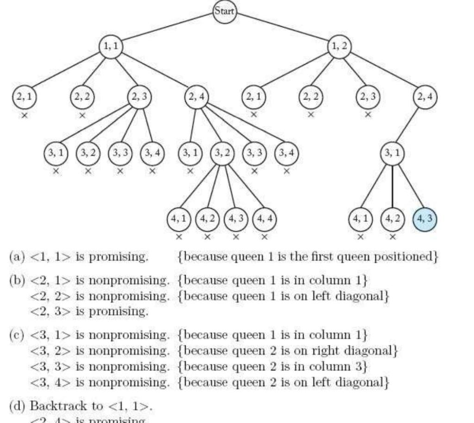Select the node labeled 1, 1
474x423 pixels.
[111, 47]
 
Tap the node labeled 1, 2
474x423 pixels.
[339, 47]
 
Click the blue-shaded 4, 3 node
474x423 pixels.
[424, 218]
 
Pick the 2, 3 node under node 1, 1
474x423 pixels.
[139, 98]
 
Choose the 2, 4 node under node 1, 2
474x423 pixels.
[425, 98]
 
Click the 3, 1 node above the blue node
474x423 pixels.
[393, 154]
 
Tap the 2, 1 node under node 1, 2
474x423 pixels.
[254, 98]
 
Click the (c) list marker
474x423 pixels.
[17, 334]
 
